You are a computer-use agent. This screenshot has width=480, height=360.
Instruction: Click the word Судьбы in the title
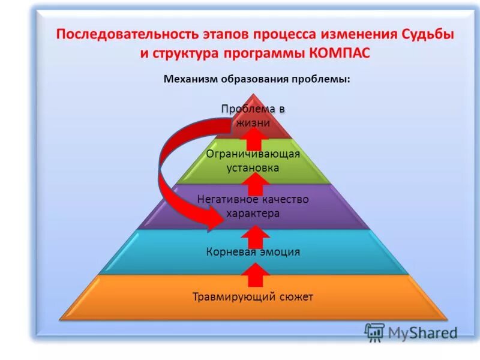(422, 34)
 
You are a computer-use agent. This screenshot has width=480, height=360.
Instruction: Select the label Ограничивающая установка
(253, 161)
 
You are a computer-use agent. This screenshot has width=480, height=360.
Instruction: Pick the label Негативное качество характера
(253, 206)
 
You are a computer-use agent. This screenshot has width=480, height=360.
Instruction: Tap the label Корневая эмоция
(253, 252)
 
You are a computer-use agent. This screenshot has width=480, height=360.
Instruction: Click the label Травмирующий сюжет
(253, 297)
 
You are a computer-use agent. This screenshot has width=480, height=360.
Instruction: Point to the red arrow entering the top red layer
(256, 139)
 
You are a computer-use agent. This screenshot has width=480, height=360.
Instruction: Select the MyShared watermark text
(422, 332)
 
